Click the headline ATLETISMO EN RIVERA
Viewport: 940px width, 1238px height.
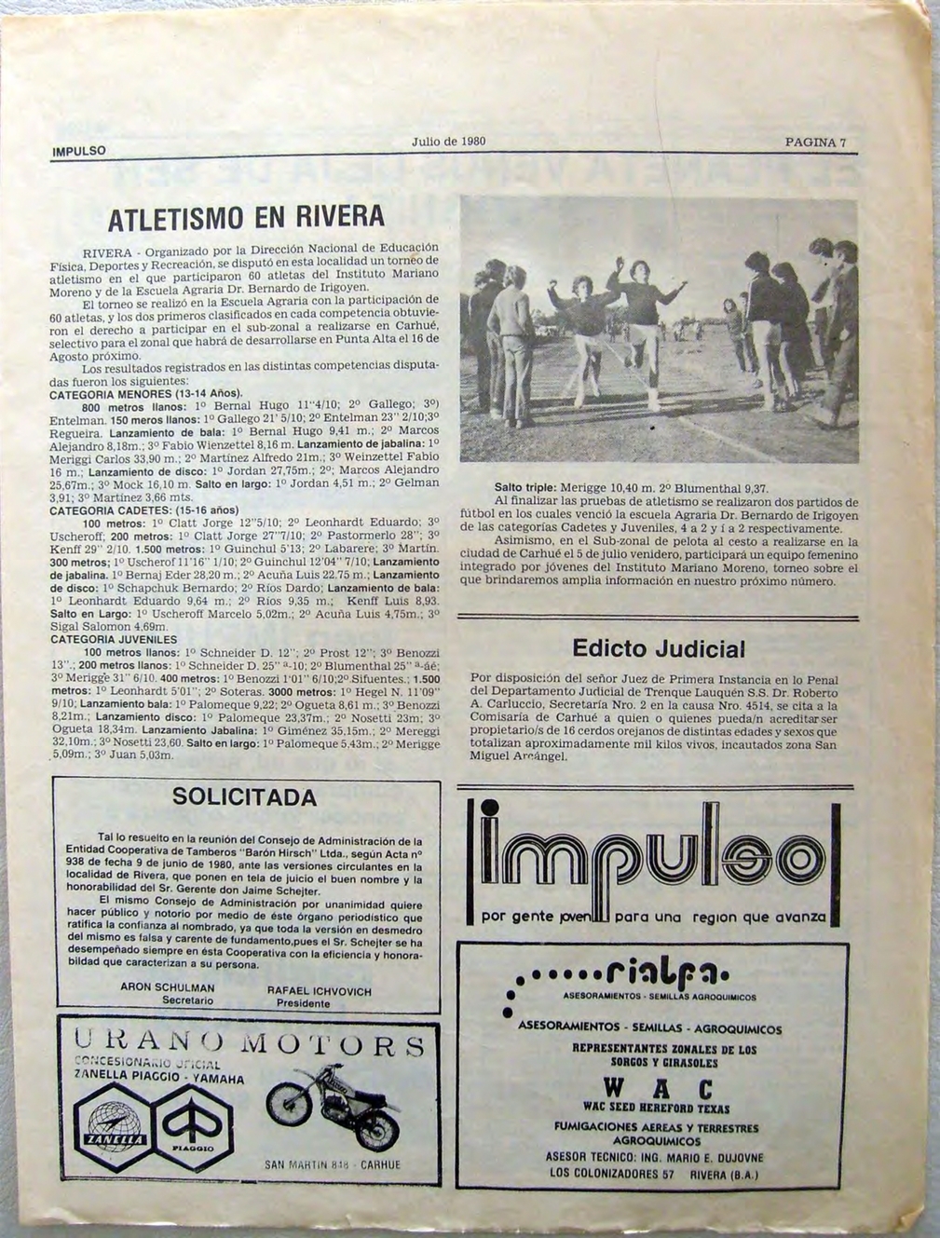click(x=246, y=218)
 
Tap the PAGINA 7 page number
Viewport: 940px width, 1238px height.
click(x=815, y=143)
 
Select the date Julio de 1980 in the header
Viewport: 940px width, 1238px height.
click(x=448, y=142)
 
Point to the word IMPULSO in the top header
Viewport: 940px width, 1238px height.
click(x=79, y=150)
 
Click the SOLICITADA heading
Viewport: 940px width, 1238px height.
click(x=245, y=798)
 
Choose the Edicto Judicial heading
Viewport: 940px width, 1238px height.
click(x=659, y=648)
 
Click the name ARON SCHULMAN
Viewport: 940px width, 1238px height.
click(x=168, y=987)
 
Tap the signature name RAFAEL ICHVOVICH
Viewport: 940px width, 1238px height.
click(x=319, y=991)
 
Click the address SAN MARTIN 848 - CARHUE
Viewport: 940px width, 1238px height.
click(x=333, y=1165)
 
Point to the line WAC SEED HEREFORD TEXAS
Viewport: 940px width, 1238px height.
click(x=656, y=1109)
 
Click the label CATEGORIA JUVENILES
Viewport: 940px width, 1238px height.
click(x=114, y=640)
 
